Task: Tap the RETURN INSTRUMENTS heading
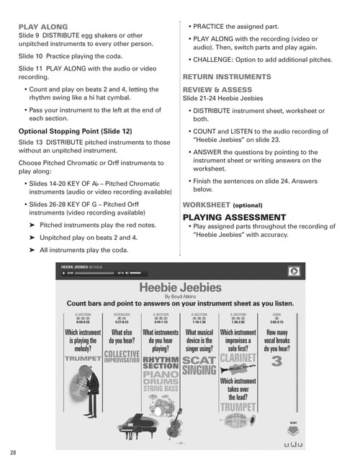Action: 227,76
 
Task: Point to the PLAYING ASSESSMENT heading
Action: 234,217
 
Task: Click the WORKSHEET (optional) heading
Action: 222,205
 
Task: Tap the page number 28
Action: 14,452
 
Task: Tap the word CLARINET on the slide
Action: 238,359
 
